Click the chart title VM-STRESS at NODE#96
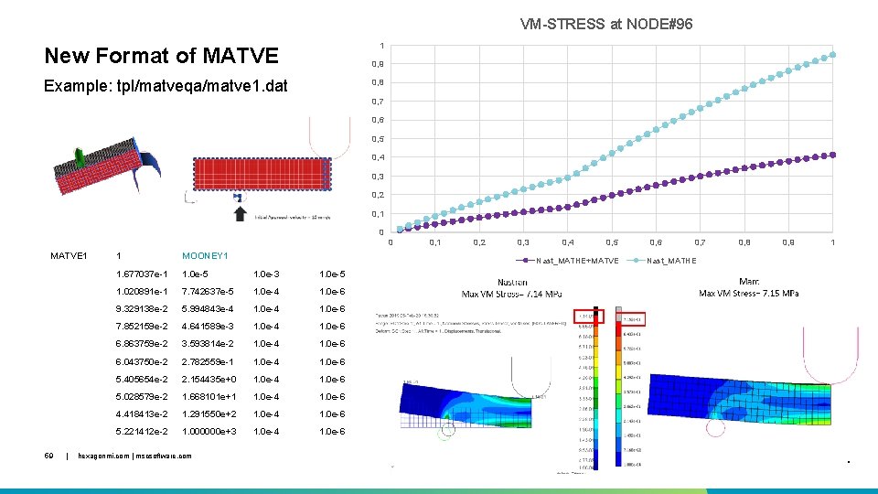point(606,24)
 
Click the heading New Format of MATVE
point(161,56)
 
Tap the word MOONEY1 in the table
point(205,256)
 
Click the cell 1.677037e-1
point(142,274)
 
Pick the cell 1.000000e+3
point(209,431)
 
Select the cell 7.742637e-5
point(209,292)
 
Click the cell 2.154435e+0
point(209,379)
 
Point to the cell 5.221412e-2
point(142,431)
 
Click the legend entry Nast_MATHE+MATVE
point(577,261)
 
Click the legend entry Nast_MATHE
point(671,261)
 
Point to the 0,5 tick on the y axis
point(377,139)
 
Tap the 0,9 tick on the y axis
point(377,64)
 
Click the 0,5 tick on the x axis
point(611,242)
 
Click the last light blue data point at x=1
point(832,55)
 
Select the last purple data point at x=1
point(832,155)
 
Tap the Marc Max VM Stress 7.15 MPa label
point(748,288)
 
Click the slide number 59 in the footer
point(49,455)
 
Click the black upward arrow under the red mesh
point(240,213)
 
